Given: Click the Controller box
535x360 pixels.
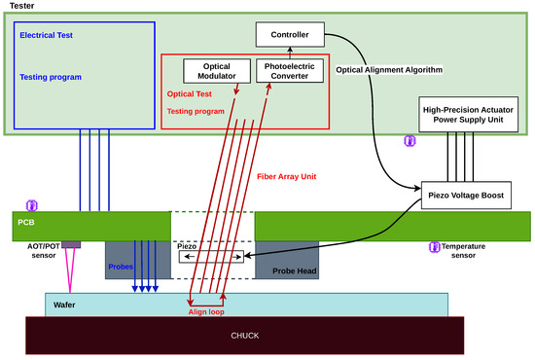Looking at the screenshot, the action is [290, 34].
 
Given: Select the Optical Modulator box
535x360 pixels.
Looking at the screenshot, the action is [217, 71].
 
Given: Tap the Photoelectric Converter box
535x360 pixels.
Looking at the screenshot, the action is [290, 71].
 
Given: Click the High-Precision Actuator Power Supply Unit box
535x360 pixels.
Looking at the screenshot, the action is [468, 115].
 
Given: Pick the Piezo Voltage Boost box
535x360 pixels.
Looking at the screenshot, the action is [466, 196].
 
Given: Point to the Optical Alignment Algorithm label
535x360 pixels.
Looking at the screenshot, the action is [389, 70].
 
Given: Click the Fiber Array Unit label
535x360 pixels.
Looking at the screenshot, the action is [287, 176].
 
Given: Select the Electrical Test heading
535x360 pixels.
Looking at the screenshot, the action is [46, 35].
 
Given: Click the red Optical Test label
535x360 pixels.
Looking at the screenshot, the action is [190, 93].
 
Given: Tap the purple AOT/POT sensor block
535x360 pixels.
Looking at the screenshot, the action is [71, 244].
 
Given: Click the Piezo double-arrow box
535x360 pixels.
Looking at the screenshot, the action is [211, 257].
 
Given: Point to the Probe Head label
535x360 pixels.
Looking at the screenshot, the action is [295, 270].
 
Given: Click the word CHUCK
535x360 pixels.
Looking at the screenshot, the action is [245, 336].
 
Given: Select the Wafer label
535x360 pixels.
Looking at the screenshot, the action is [64, 305].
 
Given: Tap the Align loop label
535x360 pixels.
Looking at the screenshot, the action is [206, 312].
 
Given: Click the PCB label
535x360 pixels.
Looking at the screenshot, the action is [26, 223].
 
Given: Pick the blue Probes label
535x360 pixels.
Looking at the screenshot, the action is [121, 267].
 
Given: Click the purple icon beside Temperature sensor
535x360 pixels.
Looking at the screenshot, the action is [435, 247].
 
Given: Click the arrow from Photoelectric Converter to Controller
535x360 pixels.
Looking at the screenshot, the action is [290, 53].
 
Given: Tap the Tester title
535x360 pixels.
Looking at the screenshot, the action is [21, 6].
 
